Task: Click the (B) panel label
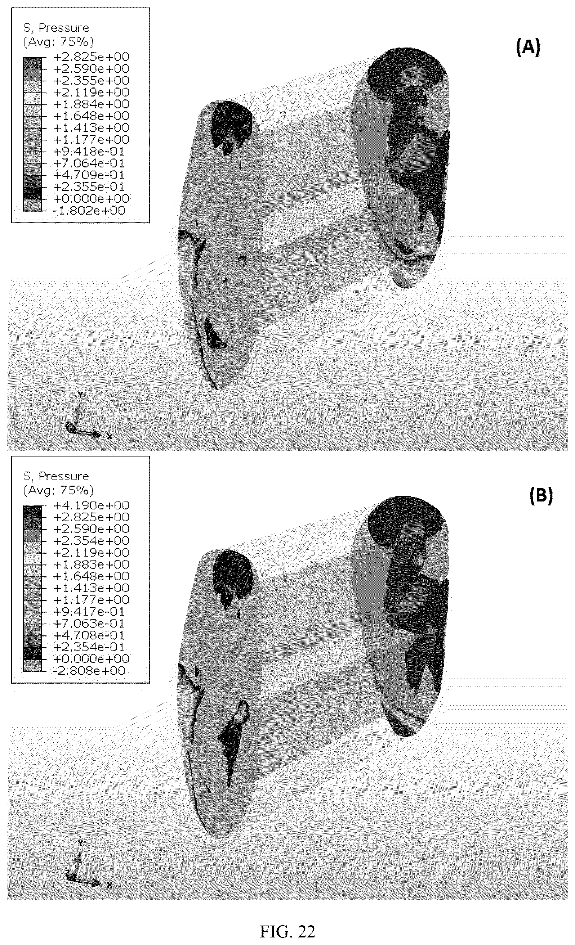(541, 495)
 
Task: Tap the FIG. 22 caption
(287, 931)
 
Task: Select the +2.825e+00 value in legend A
(92, 57)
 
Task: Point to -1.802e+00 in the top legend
(89, 210)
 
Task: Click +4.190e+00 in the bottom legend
(92, 505)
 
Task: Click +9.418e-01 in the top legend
(89, 152)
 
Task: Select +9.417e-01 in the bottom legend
(89, 611)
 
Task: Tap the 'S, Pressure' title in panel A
(56, 28)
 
